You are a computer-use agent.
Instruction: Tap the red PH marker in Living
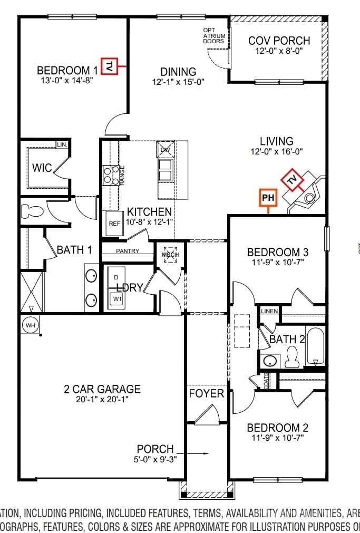click(268, 198)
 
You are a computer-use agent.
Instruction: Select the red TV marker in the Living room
click(292, 180)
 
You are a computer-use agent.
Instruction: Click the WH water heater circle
click(30, 325)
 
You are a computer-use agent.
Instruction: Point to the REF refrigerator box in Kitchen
click(114, 223)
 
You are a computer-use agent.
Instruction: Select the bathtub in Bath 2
click(316, 347)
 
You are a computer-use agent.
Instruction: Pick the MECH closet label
click(170, 254)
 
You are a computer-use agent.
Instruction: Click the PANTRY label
click(128, 251)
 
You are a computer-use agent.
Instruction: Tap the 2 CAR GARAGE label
click(102, 390)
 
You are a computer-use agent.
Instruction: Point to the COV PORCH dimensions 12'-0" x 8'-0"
click(279, 52)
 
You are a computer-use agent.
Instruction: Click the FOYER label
click(207, 394)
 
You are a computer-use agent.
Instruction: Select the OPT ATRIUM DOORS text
click(215, 36)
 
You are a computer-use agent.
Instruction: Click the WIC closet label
click(42, 168)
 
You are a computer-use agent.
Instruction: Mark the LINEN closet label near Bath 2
click(269, 311)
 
